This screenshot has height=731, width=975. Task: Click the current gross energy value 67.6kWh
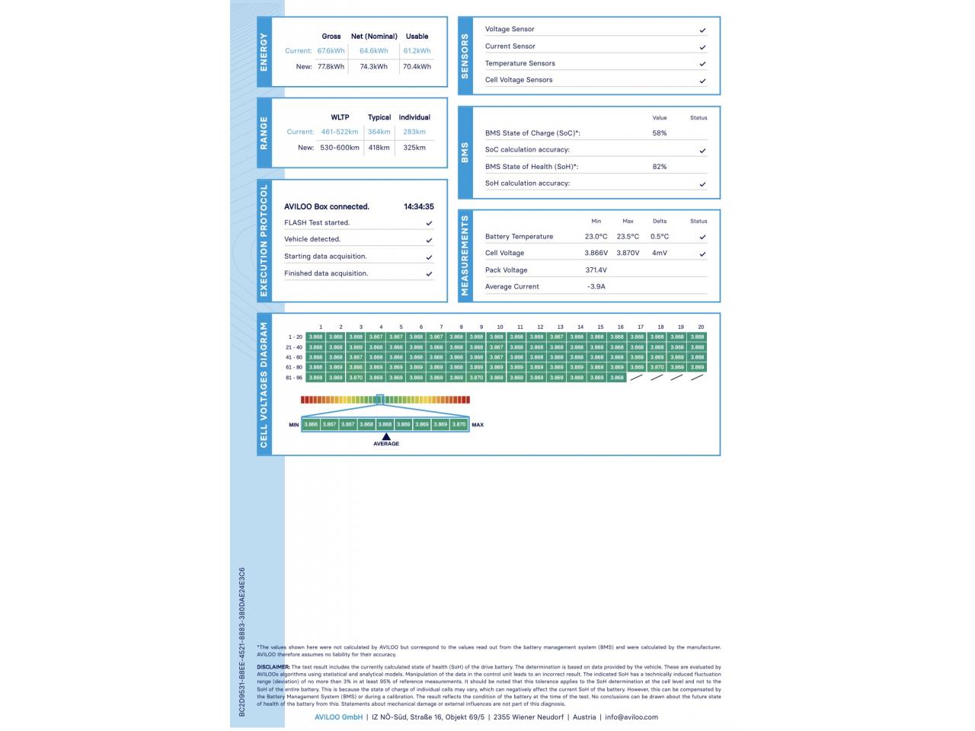[x=331, y=51]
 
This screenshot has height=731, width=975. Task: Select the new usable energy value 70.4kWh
[x=417, y=67]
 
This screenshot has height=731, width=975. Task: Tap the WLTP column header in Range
[x=340, y=117]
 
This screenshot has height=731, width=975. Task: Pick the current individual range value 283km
[x=414, y=132]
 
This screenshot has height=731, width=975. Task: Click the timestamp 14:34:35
[x=419, y=206]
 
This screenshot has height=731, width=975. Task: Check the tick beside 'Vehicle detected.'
[x=429, y=240]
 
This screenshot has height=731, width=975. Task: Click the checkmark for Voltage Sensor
[x=702, y=30]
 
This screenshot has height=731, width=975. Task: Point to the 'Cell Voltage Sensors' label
[x=519, y=80]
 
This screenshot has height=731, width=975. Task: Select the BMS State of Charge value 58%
[x=660, y=133]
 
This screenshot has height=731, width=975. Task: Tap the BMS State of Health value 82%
[x=660, y=167]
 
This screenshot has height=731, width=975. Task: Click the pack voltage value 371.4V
[x=596, y=270]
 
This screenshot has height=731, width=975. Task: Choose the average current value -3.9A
[x=596, y=287]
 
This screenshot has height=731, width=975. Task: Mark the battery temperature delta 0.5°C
[x=660, y=237]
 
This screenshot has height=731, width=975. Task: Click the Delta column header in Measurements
[x=660, y=222]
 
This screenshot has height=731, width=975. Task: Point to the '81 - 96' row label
[x=294, y=378]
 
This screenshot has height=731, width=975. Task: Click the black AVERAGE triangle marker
[x=386, y=436]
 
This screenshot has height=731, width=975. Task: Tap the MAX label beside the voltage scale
[x=478, y=425]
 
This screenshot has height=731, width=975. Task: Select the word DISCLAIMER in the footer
[x=273, y=667]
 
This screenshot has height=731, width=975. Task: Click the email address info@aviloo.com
[x=631, y=717]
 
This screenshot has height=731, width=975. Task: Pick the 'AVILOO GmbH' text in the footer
[x=338, y=717]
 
